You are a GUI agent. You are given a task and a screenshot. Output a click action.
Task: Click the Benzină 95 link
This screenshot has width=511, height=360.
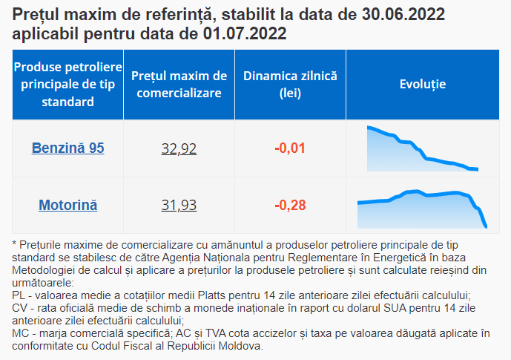[67, 148]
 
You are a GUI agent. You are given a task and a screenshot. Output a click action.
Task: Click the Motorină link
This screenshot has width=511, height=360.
[67, 205]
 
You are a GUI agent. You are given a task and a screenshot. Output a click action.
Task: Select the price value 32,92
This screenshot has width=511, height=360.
[179, 148]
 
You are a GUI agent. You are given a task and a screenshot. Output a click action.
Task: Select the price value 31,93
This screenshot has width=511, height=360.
[179, 205]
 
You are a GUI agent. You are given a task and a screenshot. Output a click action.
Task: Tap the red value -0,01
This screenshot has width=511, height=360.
[290, 148]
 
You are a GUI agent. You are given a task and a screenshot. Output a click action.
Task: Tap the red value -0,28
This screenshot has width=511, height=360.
[290, 205]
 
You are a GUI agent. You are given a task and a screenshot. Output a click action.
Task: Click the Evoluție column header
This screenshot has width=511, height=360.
[422, 84]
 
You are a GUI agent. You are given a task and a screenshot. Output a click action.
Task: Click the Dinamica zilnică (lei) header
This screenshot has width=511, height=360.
[290, 85]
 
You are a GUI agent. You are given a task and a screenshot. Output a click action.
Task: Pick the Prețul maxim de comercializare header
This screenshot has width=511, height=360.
[179, 85]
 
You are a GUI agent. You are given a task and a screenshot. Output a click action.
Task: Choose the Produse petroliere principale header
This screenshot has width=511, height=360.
[67, 85]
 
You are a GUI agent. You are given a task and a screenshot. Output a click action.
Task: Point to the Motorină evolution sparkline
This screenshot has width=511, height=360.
[422, 206]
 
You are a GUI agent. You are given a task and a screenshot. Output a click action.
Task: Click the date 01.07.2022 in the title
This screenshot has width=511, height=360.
[245, 34]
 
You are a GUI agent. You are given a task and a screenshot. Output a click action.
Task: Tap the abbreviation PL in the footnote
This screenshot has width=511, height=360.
[20, 295]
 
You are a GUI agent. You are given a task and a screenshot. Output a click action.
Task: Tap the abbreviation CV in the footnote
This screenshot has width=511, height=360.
[21, 307]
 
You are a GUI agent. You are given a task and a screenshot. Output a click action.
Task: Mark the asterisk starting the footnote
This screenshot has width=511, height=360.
[16, 243]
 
